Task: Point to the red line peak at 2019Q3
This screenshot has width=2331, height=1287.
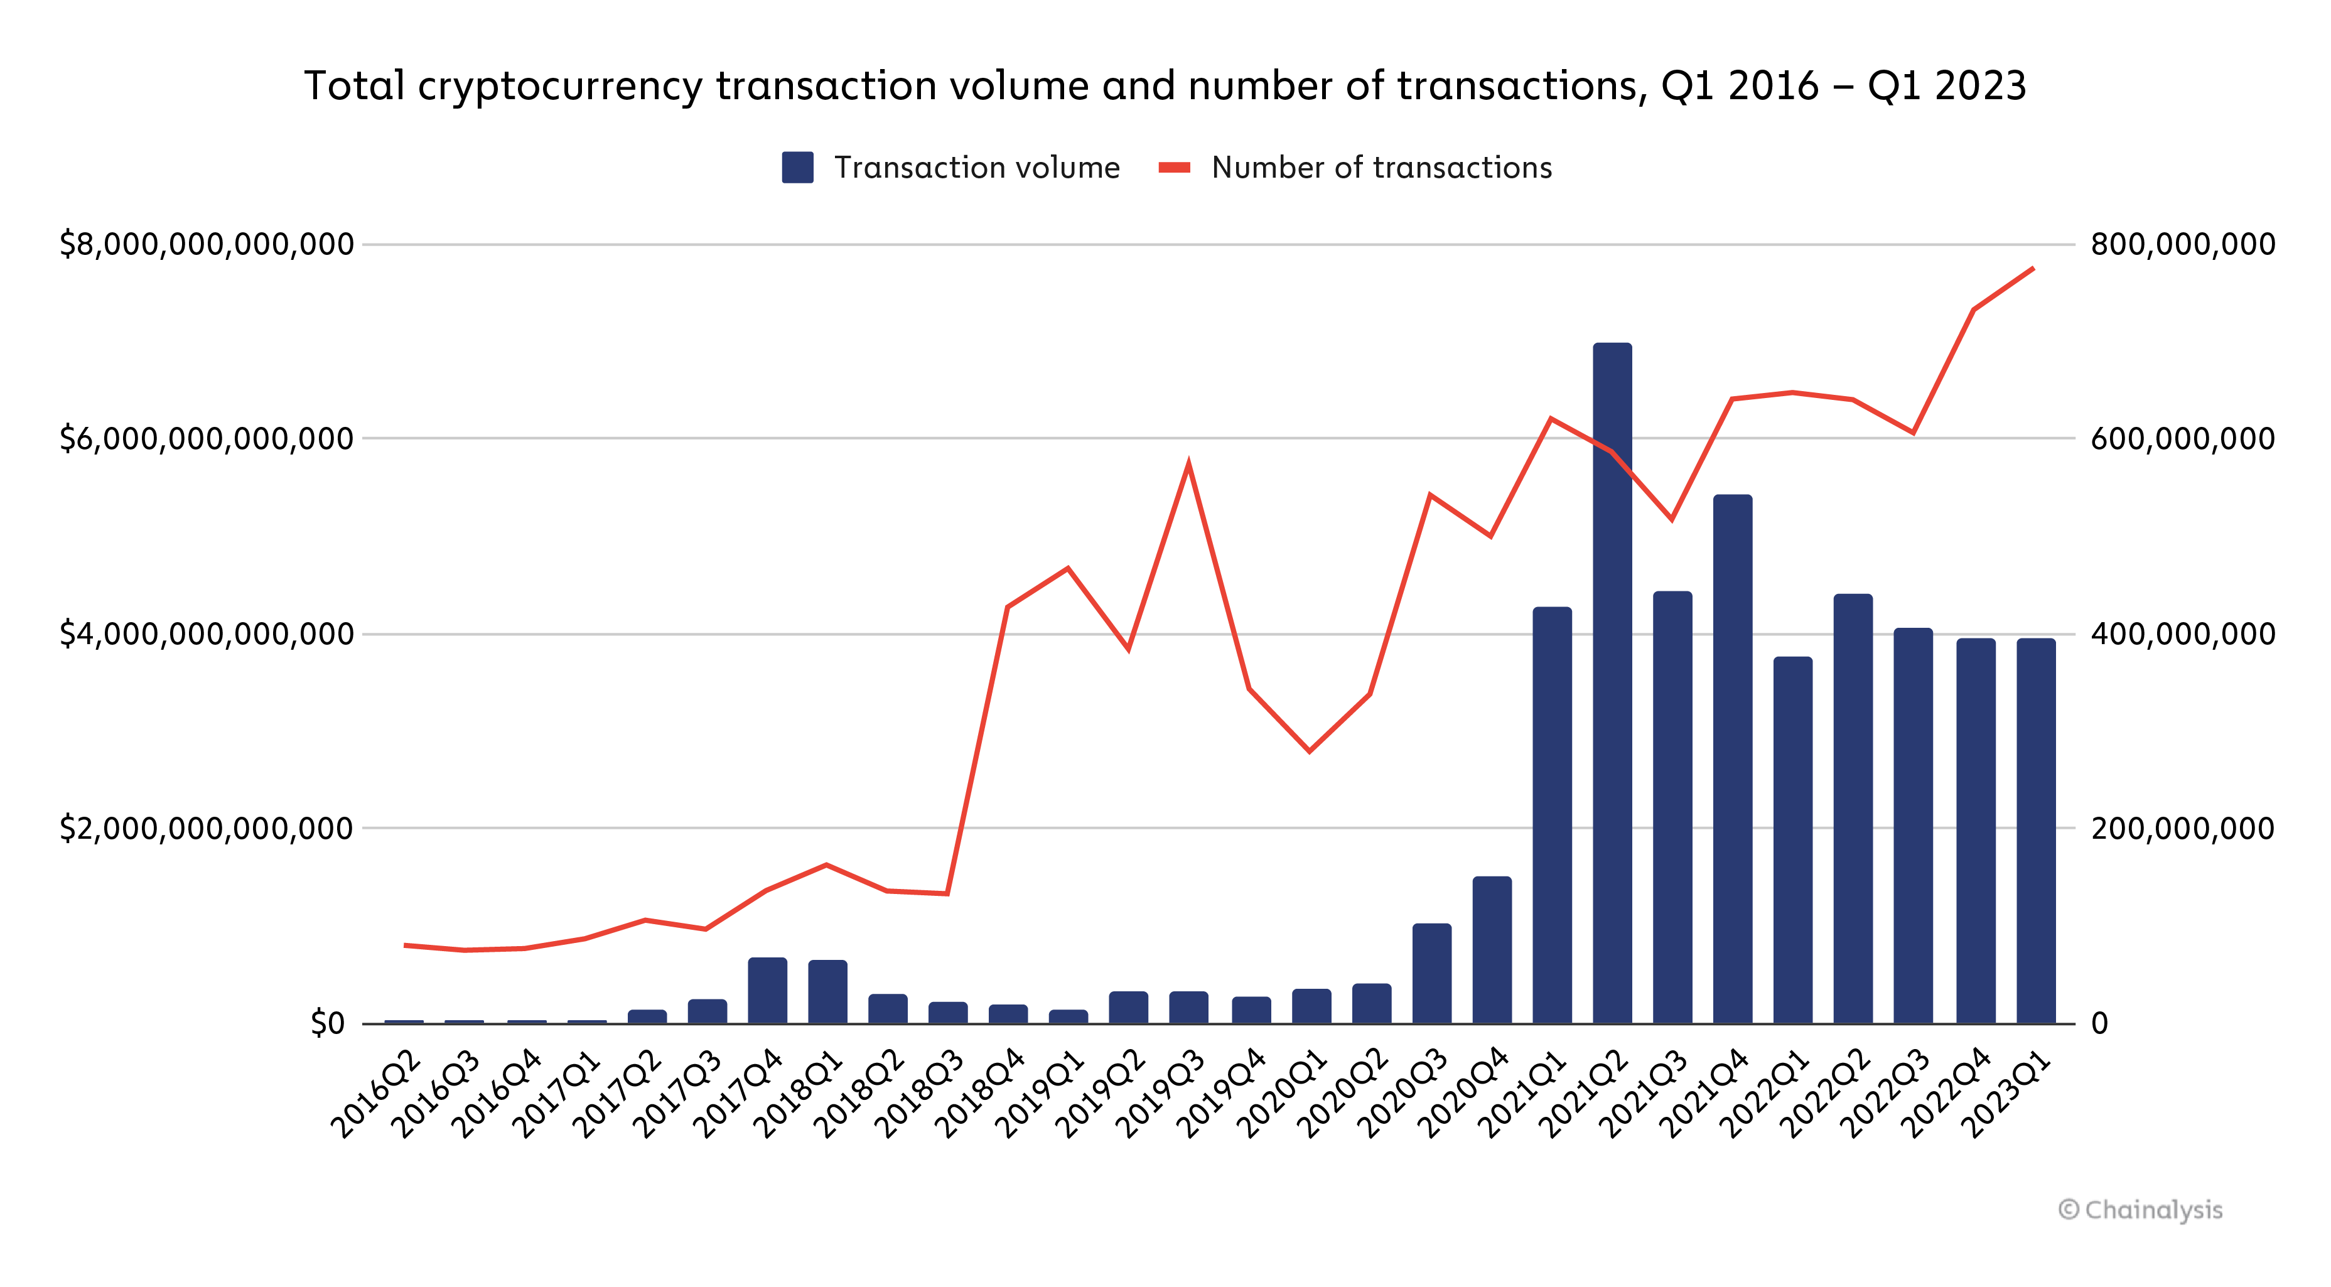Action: (x=1188, y=465)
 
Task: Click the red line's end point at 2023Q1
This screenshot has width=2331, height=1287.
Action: (x=2033, y=269)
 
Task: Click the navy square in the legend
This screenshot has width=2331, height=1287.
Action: (x=797, y=168)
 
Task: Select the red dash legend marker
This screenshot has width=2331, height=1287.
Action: (x=1173, y=168)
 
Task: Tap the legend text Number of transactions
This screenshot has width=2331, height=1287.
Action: (x=1381, y=168)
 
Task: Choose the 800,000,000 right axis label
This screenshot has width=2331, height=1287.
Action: (x=2182, y=244)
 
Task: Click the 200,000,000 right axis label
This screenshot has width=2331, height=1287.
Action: (x=2182, y=828)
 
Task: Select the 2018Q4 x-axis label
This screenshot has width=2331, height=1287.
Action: (x=980, y=1092)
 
